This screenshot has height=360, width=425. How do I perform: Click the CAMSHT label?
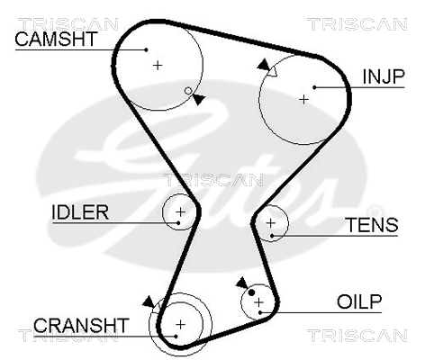(x=56, y=39)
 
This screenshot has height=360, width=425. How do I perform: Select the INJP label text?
(x=384, y=76)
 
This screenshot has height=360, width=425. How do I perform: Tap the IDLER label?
(x=80, y=212)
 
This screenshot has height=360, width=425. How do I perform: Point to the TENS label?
(x=372, y=225)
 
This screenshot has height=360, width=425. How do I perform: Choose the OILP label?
(x=359, y=301)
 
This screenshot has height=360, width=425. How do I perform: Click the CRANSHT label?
(x=81, y=325)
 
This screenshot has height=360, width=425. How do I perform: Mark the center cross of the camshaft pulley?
(x=158, y=65)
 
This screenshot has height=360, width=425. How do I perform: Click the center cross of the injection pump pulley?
(x=304, y=99)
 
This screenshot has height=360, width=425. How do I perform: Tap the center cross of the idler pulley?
(x=180, y=212)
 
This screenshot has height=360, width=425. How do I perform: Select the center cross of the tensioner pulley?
(x=271, y=223)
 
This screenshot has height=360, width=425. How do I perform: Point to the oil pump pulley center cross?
(x=258, y=302)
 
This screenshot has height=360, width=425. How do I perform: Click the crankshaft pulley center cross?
(x=180, y=325)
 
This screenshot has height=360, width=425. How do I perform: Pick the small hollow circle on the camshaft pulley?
(x=188, y=91)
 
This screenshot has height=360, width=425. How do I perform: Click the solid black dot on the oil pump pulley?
(x=251, y=292)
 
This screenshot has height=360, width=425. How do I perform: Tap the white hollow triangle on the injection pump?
(x=273, y=72)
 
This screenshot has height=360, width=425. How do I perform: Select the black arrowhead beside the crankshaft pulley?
(x=149, y=302)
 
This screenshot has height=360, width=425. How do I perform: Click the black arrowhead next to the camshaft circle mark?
(x=199, y=99)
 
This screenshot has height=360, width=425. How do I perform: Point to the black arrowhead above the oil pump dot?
(x=242, y=283)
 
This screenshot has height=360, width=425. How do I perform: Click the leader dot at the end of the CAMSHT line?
(x=146, y=49)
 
